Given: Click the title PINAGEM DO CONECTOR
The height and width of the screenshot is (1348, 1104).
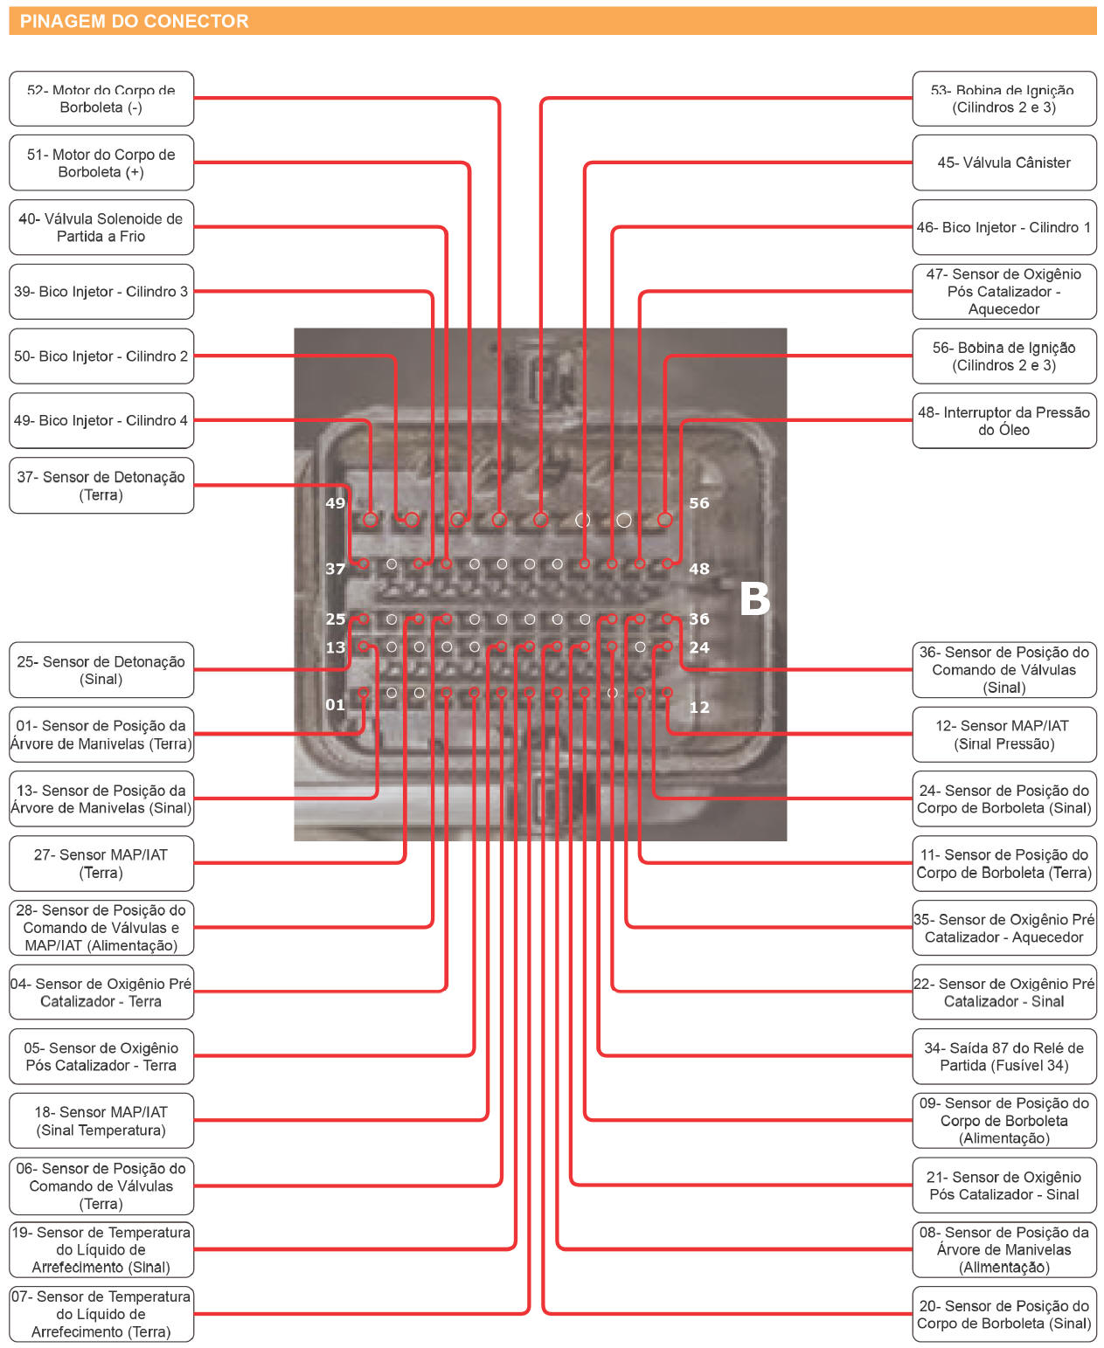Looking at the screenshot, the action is [134, 21].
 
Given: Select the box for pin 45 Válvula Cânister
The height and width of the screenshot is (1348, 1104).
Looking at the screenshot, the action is [1003, 162].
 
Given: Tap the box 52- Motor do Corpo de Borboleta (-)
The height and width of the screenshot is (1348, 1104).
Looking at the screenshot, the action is [101, 99].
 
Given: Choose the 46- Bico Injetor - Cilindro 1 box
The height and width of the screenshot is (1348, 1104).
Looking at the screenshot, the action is [1003, 227].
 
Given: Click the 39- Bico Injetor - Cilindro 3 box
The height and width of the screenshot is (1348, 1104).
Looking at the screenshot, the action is [101, 292].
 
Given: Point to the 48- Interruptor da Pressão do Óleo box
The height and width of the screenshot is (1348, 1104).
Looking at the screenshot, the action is [1003, 420].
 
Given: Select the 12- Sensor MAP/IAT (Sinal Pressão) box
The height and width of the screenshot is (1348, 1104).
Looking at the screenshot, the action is [1003, 735].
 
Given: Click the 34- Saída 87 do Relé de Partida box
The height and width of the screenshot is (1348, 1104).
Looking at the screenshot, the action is [1003, 1056].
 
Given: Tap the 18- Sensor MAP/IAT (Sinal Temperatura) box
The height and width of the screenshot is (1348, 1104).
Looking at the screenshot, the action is [101, 1121].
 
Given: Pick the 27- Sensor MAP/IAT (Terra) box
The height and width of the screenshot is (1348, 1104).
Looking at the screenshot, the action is [101, 863].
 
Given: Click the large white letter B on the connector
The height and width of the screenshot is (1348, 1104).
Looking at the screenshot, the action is [754, 599].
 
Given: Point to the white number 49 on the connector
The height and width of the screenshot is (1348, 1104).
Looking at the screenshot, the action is [335, 503].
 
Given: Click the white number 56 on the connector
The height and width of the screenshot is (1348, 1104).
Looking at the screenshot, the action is [699, 503].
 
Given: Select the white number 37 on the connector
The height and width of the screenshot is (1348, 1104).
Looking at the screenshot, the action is [335, 569].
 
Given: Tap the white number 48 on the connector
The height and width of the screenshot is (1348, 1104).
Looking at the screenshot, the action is [699, 569].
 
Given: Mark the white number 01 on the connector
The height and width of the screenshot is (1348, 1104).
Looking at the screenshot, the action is [335, 705].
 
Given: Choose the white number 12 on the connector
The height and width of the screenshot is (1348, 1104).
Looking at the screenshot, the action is [699, 708].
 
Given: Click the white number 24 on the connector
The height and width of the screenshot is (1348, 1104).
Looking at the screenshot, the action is [699, 647].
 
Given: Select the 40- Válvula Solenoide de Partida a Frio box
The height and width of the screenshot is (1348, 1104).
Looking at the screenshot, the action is [101, 227].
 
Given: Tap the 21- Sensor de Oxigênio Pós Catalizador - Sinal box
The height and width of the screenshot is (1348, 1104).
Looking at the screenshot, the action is [1003, 1186].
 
